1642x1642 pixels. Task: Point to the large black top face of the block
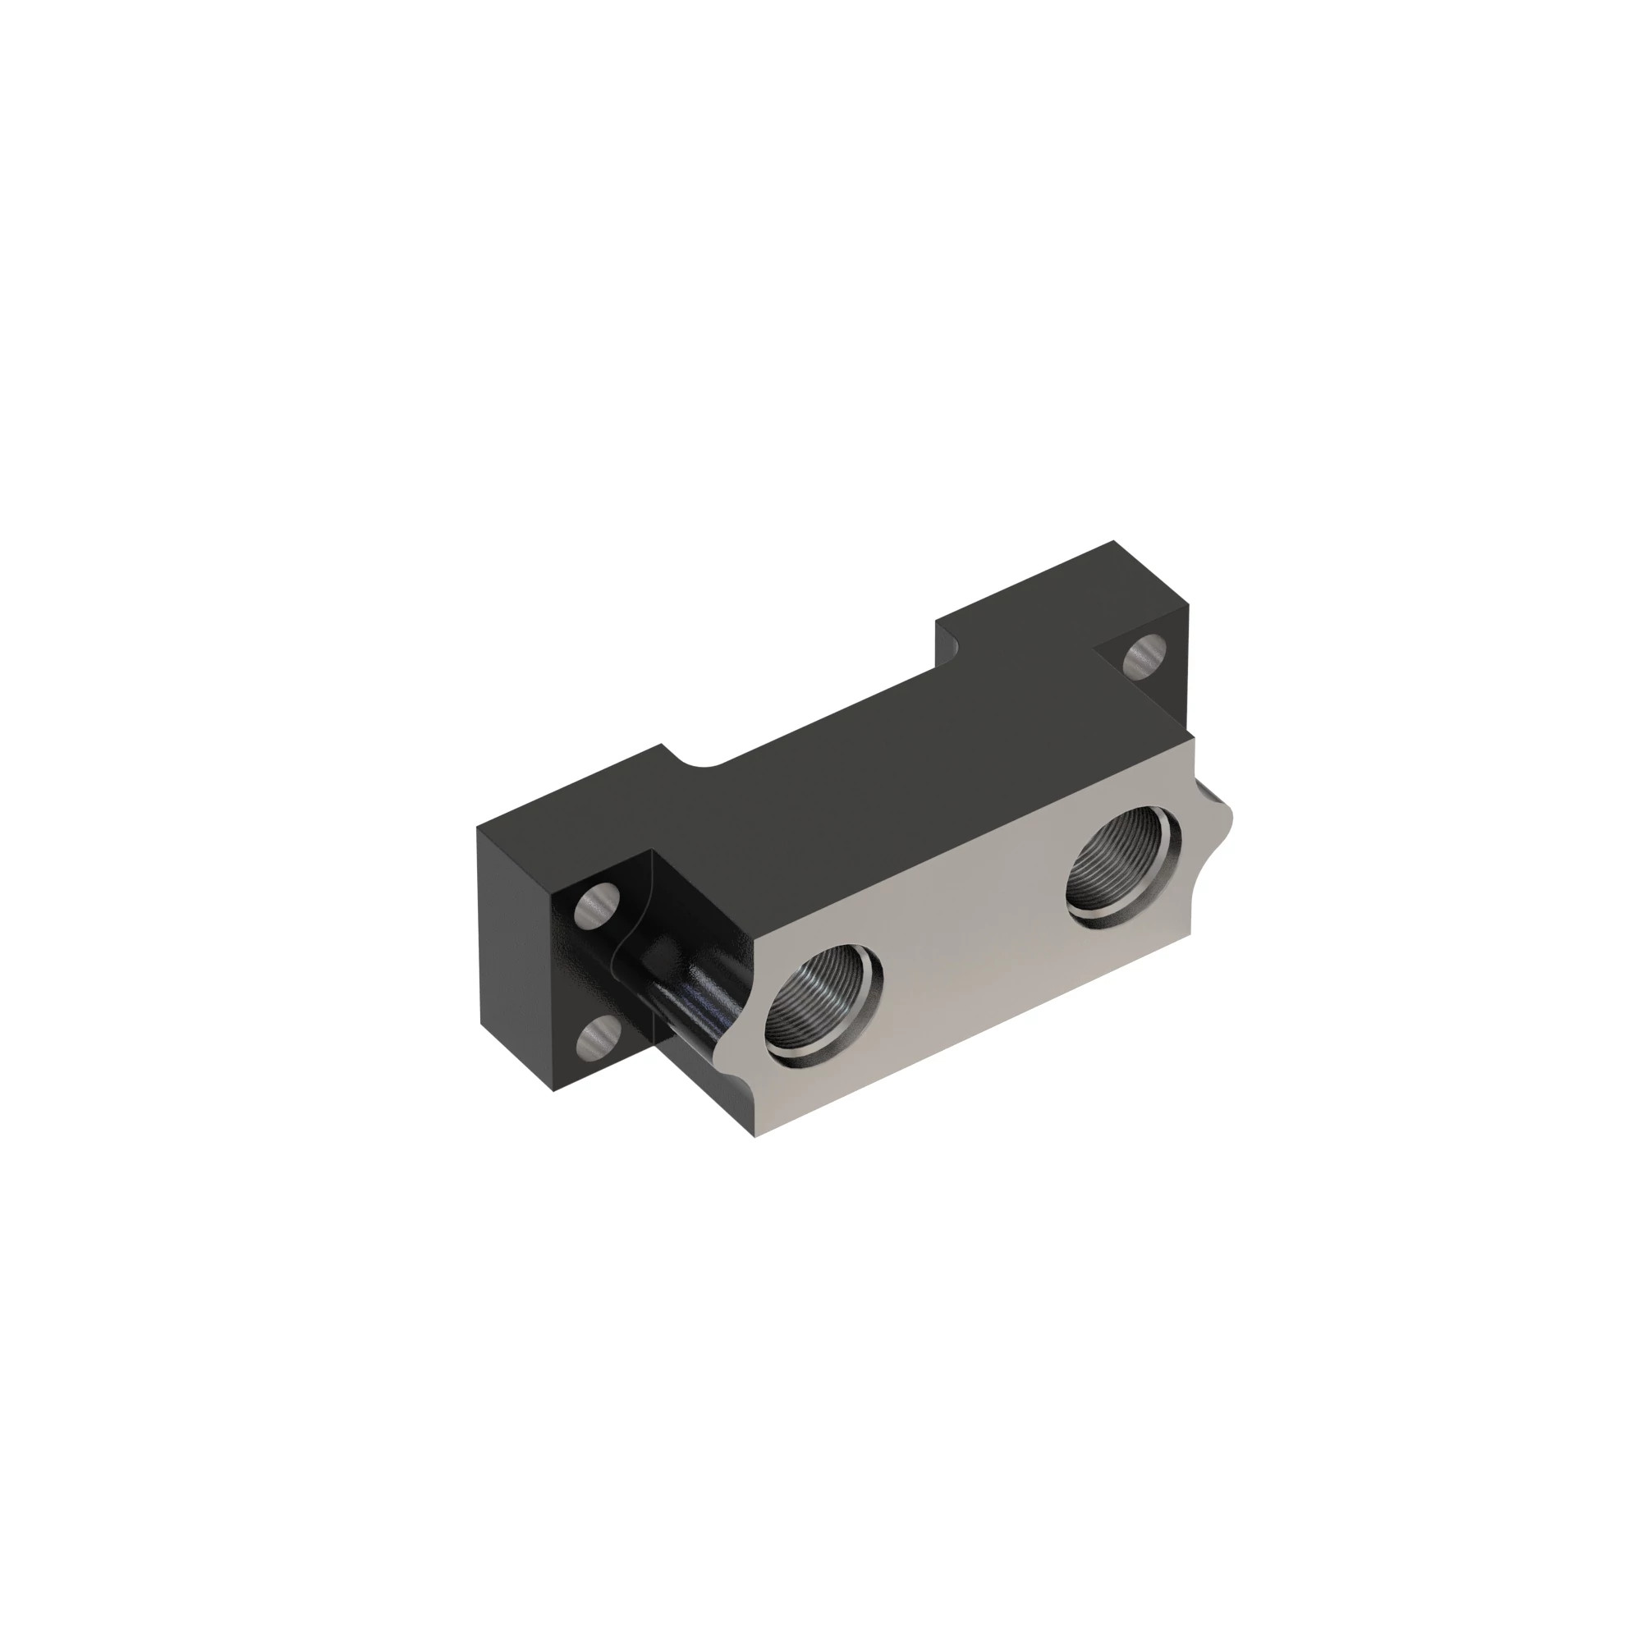(892, 791)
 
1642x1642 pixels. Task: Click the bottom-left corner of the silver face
(754, 1135)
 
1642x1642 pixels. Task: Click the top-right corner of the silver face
(1193, 736)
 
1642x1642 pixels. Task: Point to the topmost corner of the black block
(1113, 541)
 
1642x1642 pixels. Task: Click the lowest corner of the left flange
(554, 1091)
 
